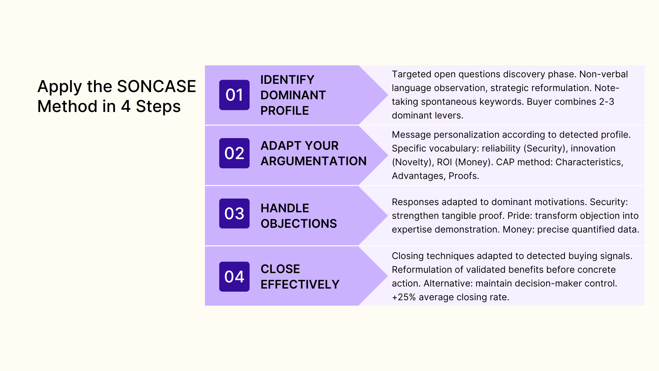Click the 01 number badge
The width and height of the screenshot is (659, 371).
tap(234, 95)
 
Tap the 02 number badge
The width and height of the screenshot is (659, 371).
tap(234, 153)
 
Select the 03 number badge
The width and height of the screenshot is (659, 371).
tap(234, 214)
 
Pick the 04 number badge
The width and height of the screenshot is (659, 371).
tap(234, 277)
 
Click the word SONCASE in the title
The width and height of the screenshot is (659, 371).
tap(156, 86)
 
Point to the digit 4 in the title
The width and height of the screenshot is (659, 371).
tap(126, 106)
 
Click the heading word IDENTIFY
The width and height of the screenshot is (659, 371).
tap(287, 80)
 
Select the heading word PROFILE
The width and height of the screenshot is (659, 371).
tap(285, 111)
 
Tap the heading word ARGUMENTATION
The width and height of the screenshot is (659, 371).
tap(313, 161)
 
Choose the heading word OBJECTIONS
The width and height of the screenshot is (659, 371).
tap(299, 224)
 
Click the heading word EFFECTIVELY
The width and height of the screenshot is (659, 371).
tap(300, 284)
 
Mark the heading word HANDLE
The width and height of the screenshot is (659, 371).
tap(285, 208)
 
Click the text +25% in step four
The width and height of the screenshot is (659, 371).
tap(404, 297)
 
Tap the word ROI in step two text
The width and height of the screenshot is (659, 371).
tap(444, 162)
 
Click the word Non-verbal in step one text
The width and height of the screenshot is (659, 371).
tap(603, 74)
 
